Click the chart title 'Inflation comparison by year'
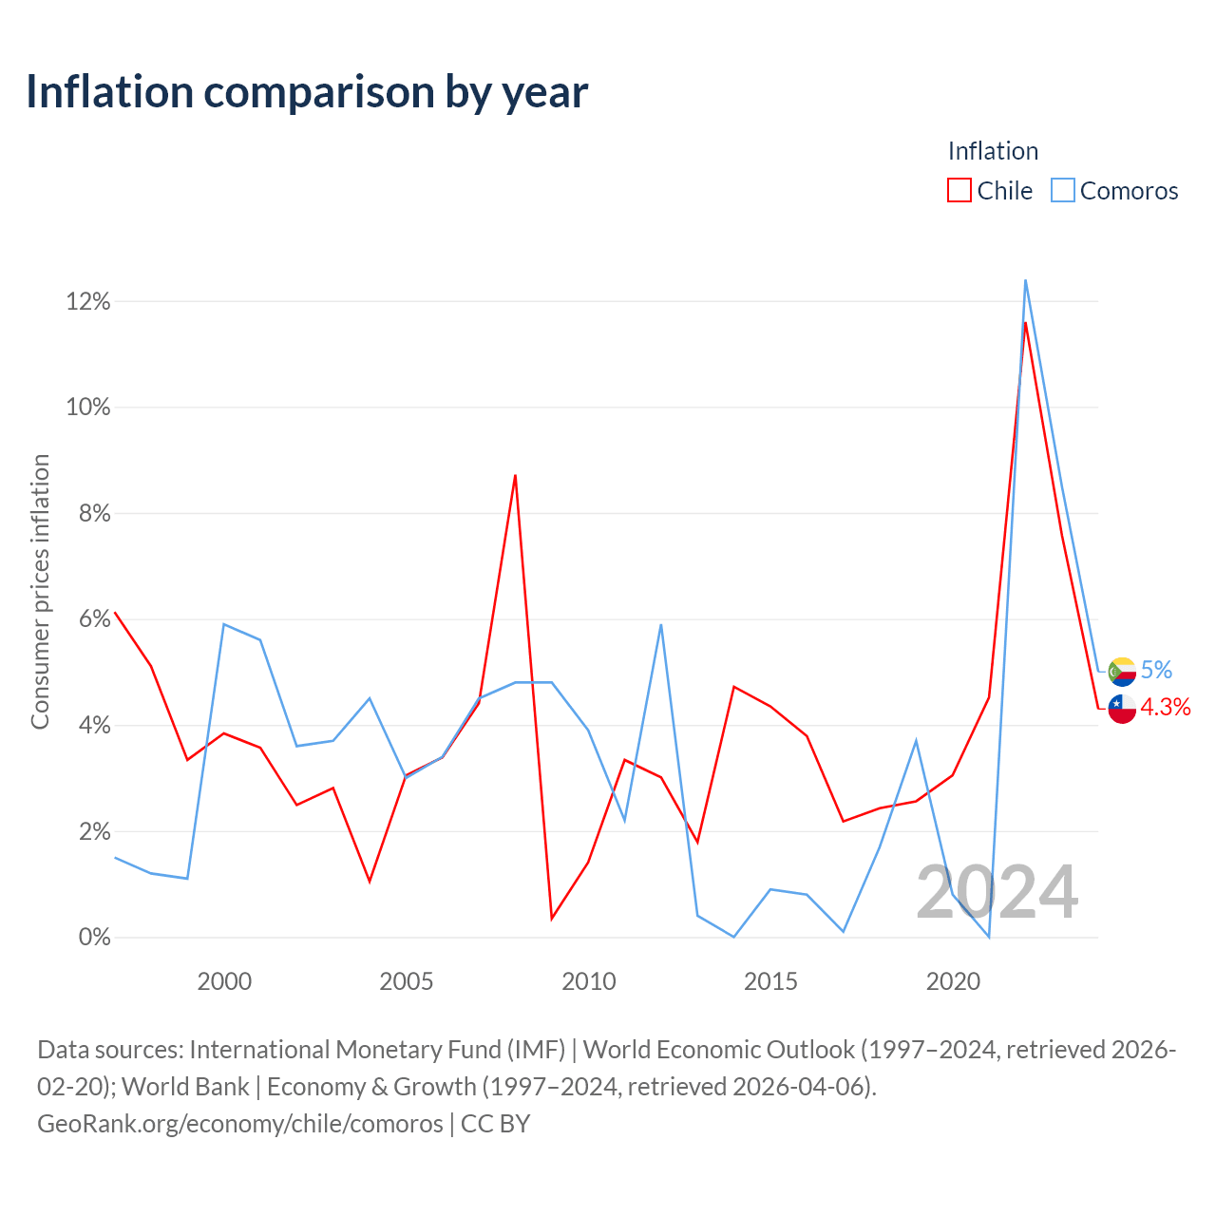tap(307, 92)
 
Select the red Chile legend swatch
tap(959, 190)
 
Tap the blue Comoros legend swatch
tap(1063, 190)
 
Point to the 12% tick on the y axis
tap(88, 302)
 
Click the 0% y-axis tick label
tap(95, 937)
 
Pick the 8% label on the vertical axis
tap(95, 514)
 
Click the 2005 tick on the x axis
tap(407, 982)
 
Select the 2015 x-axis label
tap(770, 982)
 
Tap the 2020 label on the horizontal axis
tap(953, 982)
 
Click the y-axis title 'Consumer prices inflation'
tap(40, 592)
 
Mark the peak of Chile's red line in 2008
tap(516, 475)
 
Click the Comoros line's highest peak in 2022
tap(1025, 280)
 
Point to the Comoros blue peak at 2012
tap(660, 625)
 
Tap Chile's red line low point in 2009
tap(552, 919)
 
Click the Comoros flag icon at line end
tap(1122, 672)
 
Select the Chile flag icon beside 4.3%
tap(1122, 709)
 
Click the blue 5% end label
tap(1157, 670)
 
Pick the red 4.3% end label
tap(1166, 708)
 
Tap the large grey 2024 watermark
tap(997, 892)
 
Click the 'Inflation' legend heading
tap(994, 151)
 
